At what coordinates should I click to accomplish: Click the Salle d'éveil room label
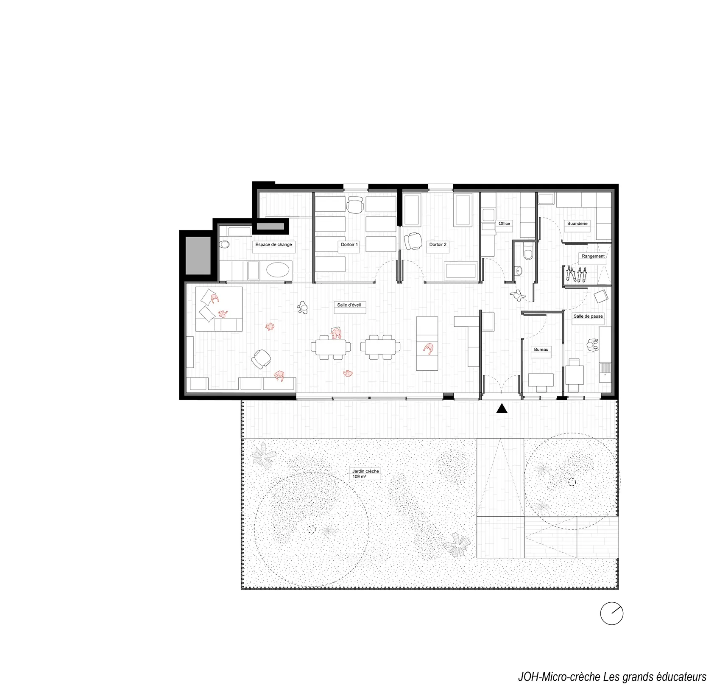[349, 305]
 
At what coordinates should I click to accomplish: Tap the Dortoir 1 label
[349, 244]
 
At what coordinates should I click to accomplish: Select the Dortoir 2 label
[438, 244]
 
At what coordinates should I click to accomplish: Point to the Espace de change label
[273, 245]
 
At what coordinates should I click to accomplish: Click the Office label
[504, 224]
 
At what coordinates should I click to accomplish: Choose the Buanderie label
[577, 223]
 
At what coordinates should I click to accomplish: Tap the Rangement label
[593, 256]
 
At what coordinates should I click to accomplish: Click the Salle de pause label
[588, 316]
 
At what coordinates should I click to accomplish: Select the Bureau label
[541, 350]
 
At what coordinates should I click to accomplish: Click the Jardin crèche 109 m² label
[365, 474]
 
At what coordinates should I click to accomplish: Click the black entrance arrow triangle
[502, 408]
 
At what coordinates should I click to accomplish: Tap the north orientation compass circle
[612, 613]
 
